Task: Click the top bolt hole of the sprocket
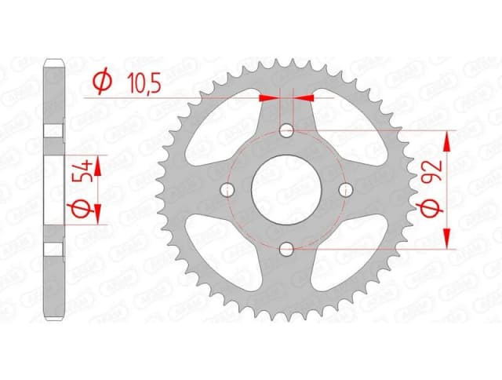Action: [x=287, y=130]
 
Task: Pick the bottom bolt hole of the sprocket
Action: [x=287, y=250]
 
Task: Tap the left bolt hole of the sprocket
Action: [x=228, y=189]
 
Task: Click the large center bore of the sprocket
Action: [x=287, y=189]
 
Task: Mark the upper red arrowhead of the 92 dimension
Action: [x=448, y=139]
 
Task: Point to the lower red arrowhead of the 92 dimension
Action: [x=448, y=240]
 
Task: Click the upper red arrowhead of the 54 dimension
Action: [x=99, y=163]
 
